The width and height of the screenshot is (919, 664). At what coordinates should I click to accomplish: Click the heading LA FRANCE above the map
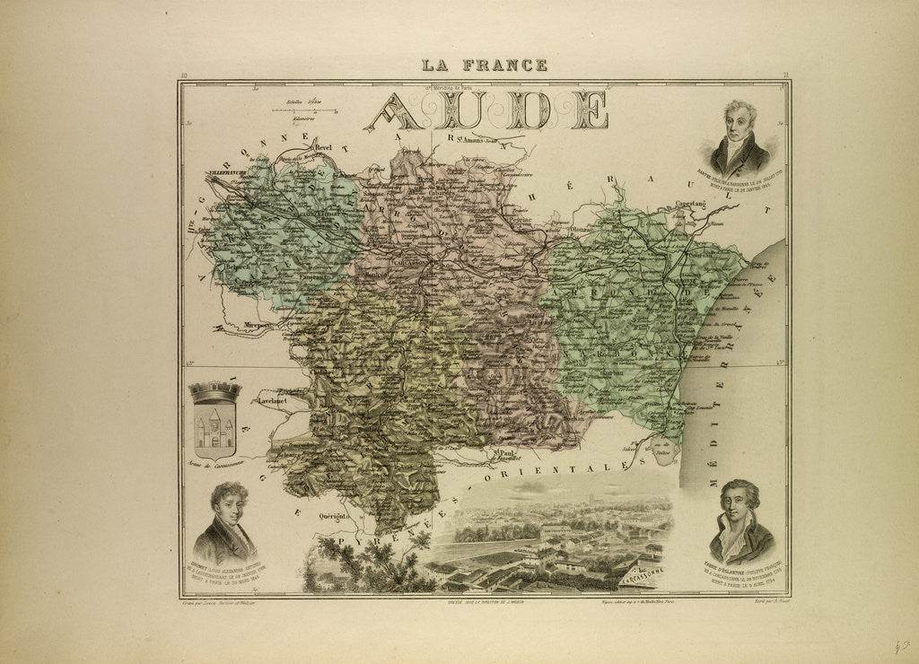coord(485,65)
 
